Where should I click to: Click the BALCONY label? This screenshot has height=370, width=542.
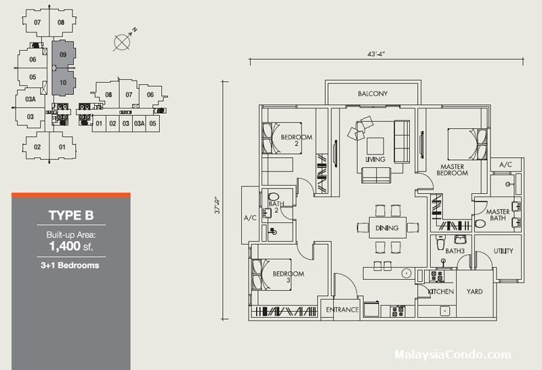tap(373, 94)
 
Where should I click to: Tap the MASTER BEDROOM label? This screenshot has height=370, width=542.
tap(453, 169)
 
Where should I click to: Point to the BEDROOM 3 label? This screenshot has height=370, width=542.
tap(287, 277)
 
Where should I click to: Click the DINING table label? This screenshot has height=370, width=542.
tap(388, 228)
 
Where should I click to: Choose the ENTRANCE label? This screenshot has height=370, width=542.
tap(341, 310)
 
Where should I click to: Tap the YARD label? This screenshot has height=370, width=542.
tap(474, 291)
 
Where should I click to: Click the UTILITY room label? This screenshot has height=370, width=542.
tap(503, 251)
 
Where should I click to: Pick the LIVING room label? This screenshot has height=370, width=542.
tap(375, 159)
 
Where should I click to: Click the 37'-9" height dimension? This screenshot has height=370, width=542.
tap(218, 205)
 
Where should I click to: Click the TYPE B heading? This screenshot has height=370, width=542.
tap(70, 216)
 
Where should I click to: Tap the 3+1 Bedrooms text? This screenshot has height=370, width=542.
tap(70, 265)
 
